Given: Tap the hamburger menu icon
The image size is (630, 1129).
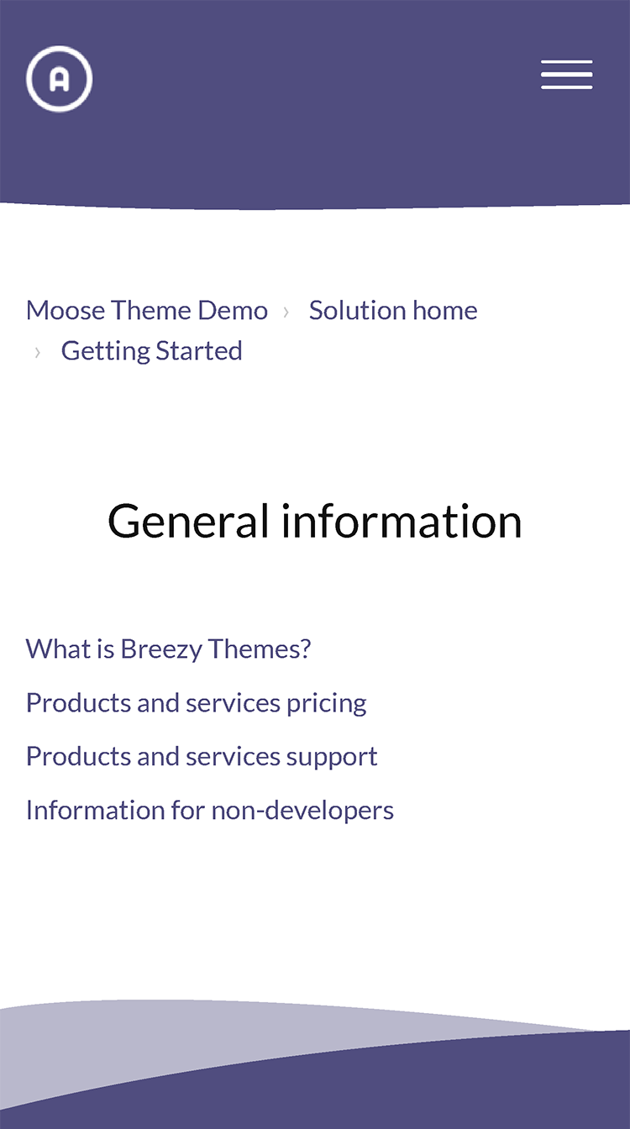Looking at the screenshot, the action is [566, 75].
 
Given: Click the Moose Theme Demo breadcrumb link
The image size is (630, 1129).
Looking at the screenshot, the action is [147, 310].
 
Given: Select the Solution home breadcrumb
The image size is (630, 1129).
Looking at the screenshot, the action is [393, 310].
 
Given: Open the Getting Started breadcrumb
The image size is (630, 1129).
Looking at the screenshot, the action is [152, 351].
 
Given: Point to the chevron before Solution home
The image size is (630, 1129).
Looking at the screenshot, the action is [286, 312].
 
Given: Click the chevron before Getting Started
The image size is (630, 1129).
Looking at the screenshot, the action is [37, 352].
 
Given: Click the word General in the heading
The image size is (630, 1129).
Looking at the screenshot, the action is [188, 521].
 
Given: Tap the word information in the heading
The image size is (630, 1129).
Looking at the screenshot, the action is [402, 521].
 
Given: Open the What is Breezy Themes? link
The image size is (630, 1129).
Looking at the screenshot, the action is [168, 649].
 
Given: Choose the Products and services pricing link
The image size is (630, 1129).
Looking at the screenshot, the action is [197, 703].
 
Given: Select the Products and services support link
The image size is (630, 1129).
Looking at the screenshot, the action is [202, 757].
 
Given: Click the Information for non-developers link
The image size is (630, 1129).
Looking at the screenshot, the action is [210, 811].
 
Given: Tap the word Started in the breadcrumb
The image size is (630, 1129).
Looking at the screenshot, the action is [199, 351].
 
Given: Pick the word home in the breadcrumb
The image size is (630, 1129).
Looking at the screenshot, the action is [445, 310].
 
